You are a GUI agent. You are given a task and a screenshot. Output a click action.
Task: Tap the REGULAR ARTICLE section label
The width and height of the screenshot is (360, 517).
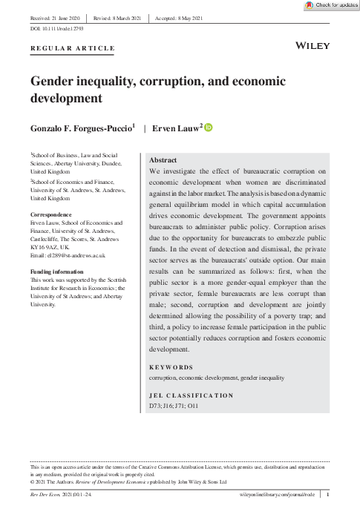click(x=73, y=48)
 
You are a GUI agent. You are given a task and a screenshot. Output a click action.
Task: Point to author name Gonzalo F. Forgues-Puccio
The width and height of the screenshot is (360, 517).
click(x=82, y=128)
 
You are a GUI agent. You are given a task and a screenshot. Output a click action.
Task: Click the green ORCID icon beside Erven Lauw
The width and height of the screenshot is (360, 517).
click(x=208, y=128)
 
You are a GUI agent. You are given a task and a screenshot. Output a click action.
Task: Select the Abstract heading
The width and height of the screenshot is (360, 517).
click(x=163, y=159)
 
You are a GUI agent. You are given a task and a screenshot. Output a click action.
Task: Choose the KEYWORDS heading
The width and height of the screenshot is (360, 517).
click(x=171, y=367)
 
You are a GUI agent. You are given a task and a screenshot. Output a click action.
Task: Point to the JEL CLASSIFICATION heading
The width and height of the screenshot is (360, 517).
click(x=192, y=395)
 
